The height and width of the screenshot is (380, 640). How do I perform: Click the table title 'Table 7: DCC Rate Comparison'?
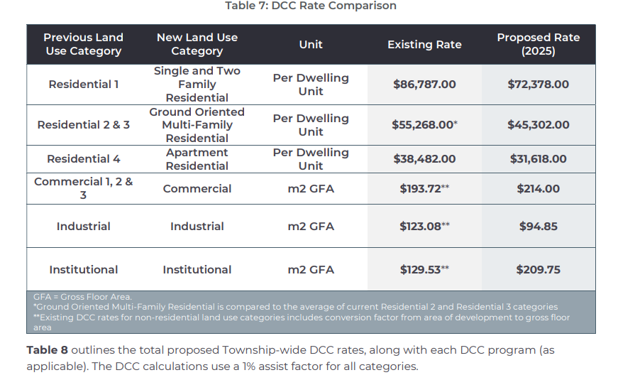(x=310, y=6)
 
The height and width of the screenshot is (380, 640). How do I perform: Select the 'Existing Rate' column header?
(x=424, y=45)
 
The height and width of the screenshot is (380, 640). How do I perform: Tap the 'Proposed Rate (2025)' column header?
(x=538, y=44)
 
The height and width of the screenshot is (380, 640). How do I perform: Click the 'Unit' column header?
(x=311, y=45)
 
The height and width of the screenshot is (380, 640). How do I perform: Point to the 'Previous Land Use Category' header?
(x=83, y=44)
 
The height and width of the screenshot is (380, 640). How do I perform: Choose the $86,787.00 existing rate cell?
(x=424, y=85)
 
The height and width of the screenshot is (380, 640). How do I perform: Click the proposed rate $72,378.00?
(x=538, y=85)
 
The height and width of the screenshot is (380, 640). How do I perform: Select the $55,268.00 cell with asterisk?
(x=424, y=125)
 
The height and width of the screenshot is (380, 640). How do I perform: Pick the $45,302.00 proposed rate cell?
(x=538, y=125)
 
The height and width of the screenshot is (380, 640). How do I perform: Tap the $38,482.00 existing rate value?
(x=424, y=159)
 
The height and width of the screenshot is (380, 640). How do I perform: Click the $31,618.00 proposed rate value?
(x=538, y=159)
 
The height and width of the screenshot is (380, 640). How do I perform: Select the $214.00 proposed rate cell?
(x=538, y=189)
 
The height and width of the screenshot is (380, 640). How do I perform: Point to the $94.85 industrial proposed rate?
(x=538, y=227)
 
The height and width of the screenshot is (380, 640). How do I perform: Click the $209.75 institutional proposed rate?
(x=538, y=270)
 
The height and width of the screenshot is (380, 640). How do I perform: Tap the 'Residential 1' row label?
(x=83, y=85)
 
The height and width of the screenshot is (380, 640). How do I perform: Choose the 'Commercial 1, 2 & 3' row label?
(x=83, y=188)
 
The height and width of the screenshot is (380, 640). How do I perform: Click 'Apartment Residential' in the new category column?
(x=197, y=159)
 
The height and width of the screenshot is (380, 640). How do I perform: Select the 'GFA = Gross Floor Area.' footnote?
(x=82, y=297)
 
